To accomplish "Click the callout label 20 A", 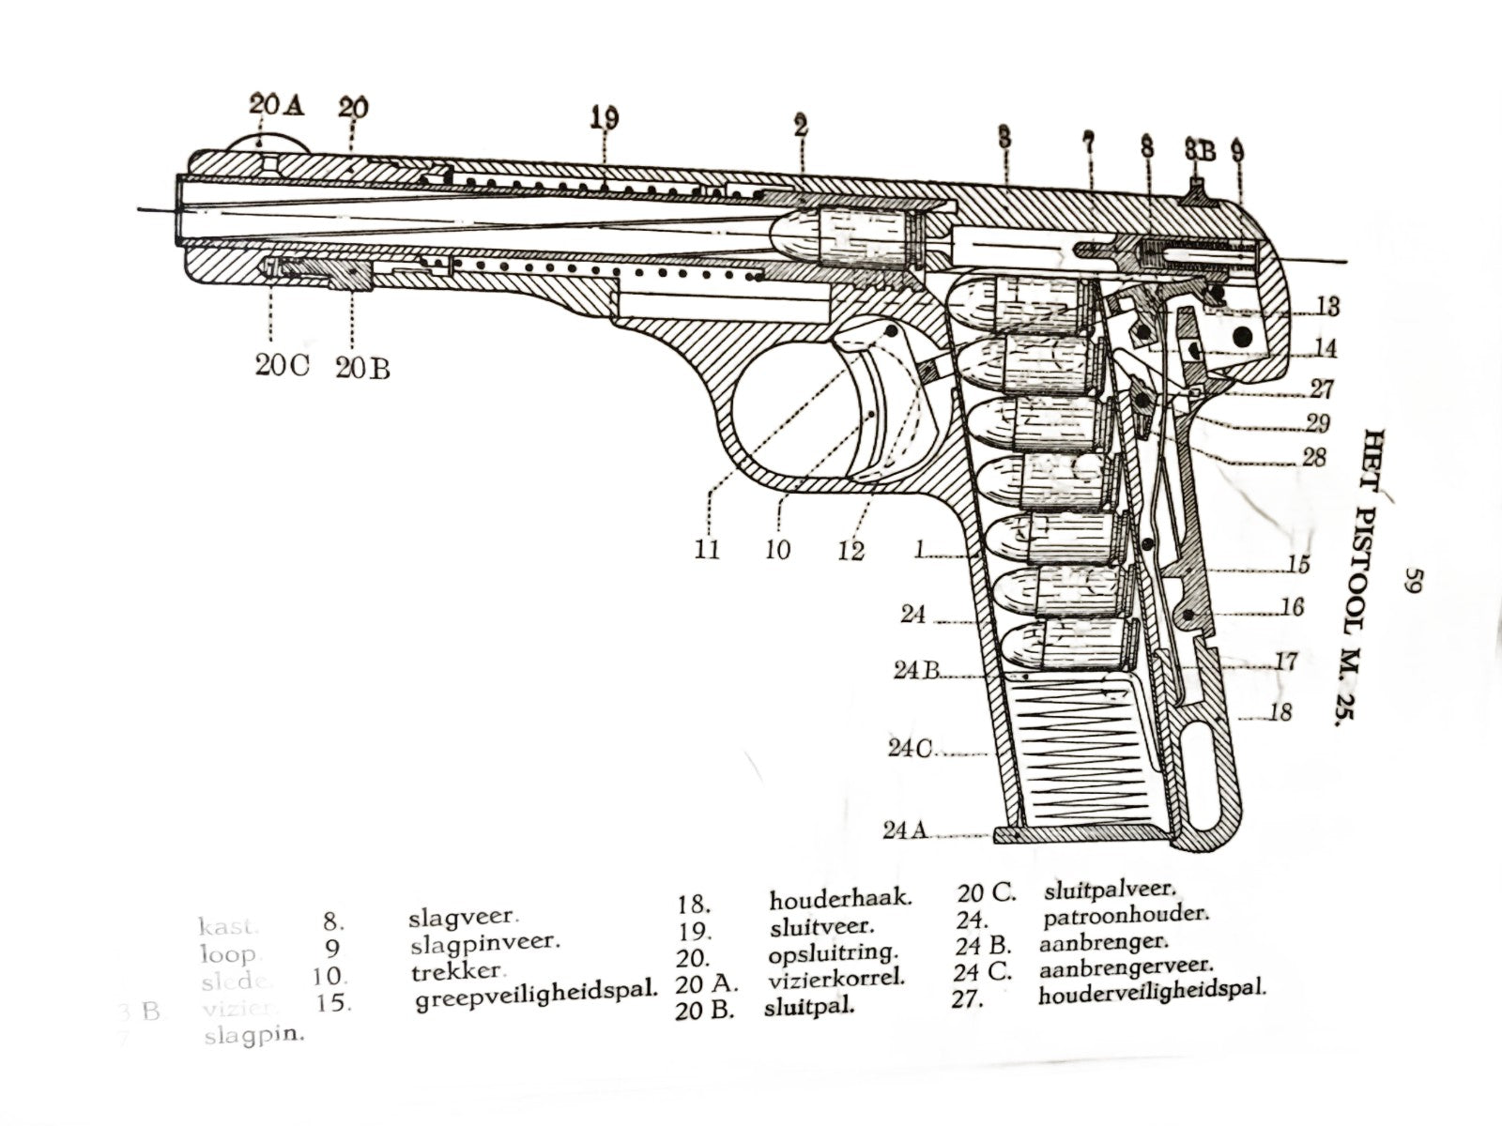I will click(277, 105).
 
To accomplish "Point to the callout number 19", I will click(605, 118).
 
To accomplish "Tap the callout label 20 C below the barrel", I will click(282, 366).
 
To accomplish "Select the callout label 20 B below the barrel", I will click(362, 368).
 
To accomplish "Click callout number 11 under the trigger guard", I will click(707, 548).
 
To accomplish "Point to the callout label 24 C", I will click(910, 749).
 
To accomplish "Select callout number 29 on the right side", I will click(1318, 423).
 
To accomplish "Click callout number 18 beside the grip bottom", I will click(1280, 712).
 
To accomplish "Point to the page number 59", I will click(1416, 583).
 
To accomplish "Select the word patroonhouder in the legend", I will click(1125, 914).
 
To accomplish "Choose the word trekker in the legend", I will click(459, 971).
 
